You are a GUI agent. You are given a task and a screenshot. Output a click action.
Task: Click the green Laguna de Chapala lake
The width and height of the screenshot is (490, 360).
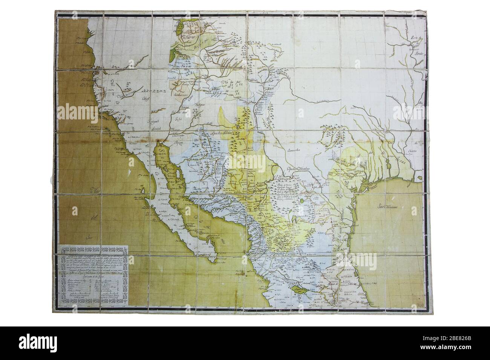290,289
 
